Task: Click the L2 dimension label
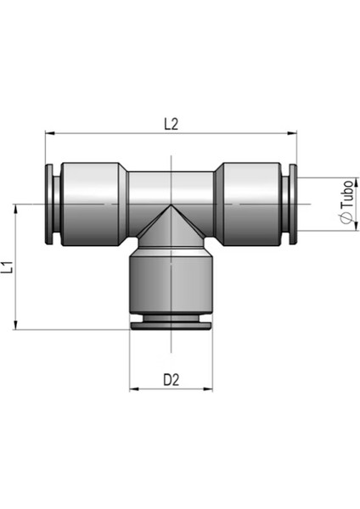coord(172,124)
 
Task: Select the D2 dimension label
coord(172,379)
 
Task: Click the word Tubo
coord(347,193)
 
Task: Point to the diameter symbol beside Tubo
coord(346,218)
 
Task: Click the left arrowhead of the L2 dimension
coord(49,133)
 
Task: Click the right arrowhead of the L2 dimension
coord(292,133)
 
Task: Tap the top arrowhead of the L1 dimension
coord(15,209)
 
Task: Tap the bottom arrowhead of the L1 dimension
coord(15,325)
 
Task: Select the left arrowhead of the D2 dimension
coord(134,389)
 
